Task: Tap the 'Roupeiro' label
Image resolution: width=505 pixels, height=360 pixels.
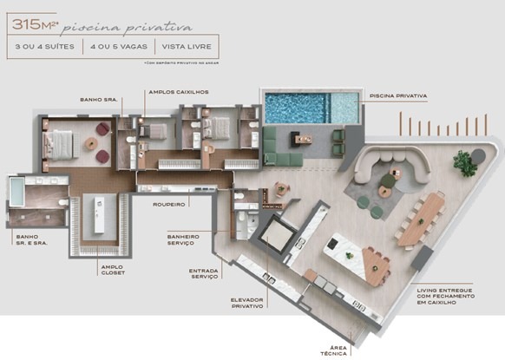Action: coord(171,205)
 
